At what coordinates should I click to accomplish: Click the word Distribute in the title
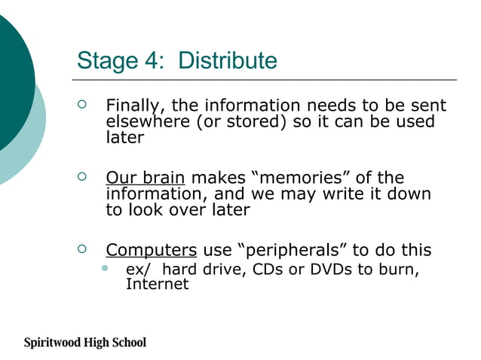pos(228,60)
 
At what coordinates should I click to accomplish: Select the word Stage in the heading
pos(106,60)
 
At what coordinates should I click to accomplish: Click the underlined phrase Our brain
pos(145,178)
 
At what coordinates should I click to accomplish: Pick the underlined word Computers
pos(152,250)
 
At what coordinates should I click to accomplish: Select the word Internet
pos(157,284)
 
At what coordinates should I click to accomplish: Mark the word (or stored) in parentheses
pos(242,122)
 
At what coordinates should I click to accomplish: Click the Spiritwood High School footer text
pos(84,343)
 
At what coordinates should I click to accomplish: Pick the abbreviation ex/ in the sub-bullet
pos(136,270)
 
